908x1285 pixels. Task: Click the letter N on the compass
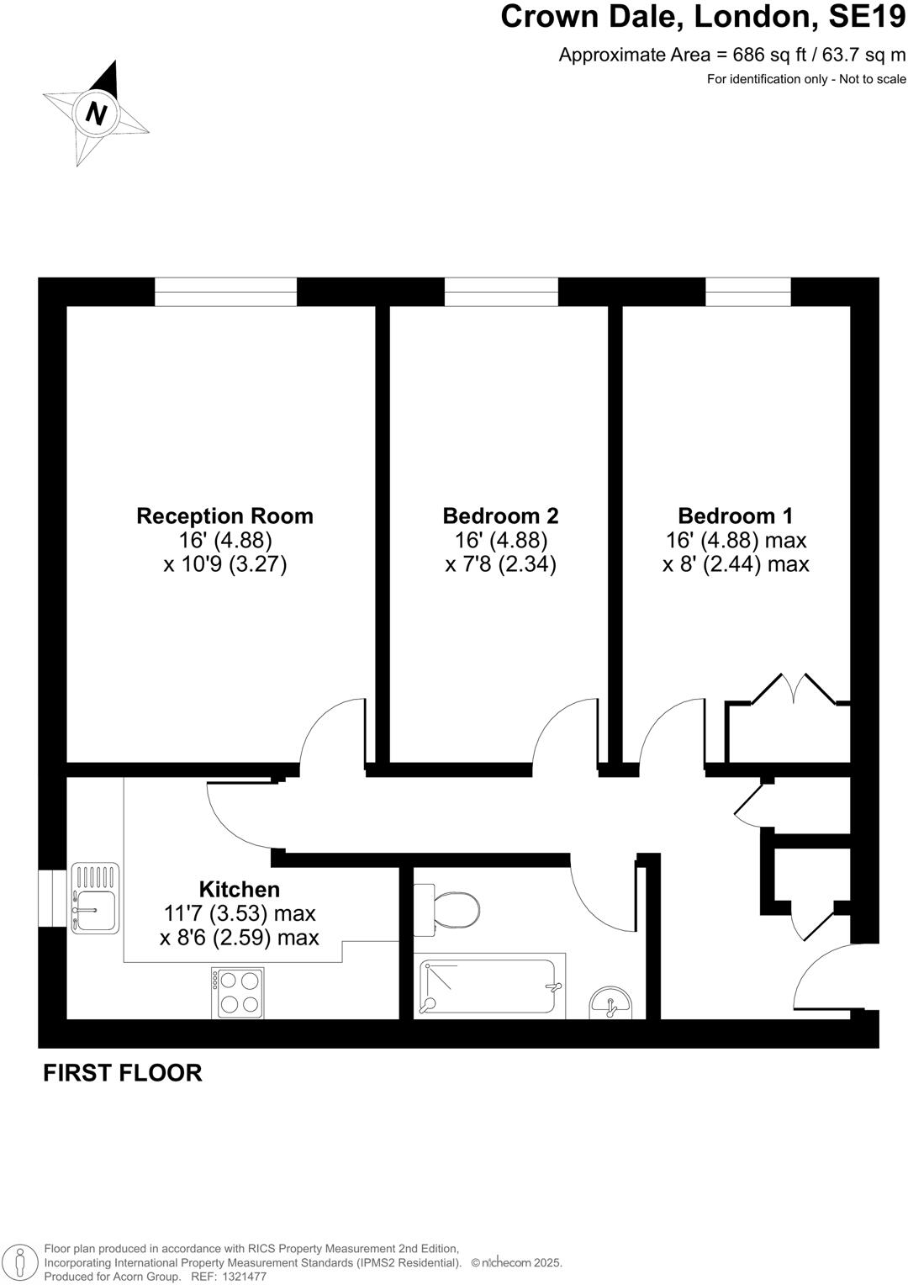click(x=97, y=113)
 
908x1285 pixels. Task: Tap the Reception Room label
click(x=224, y=516)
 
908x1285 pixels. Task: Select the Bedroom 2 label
click(x=500, y=516)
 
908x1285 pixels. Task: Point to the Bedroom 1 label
click(x=735, y=516)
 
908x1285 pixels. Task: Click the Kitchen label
click(x=239, y=889)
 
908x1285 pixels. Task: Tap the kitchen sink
click(x=95, y=897)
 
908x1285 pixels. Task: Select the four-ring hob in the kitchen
click(x=238, y=992)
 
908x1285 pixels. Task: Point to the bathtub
click(x=490, y=986)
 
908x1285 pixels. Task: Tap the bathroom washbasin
click(x=611, y=1002)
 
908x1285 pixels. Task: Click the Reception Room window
click(x=225, y=292)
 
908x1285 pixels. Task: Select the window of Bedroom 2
click(x=501, y=292)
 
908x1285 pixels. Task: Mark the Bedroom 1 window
click(x=747, y=292)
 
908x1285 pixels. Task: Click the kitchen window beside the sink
click(x=51, y=898)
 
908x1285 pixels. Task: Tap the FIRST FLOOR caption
click(x=123, y=1073)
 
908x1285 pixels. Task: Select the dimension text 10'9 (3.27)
click(x=224, y=563)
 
